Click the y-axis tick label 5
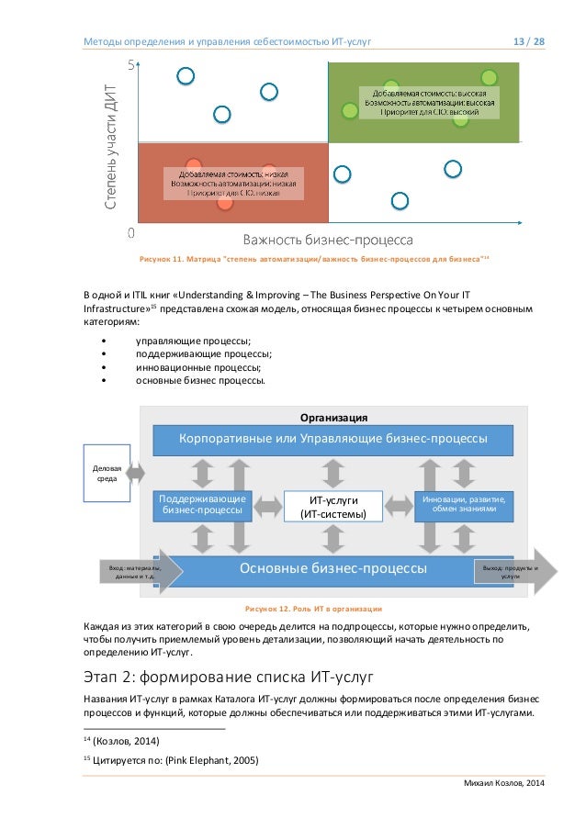tap(131, 63)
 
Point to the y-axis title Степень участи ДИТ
tap(110, 148)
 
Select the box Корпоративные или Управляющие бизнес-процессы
tap(332, 439)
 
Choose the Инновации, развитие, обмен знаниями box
tap(463, 504)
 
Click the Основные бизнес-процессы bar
tap(332, 568)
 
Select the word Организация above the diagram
tap(332, 417)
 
